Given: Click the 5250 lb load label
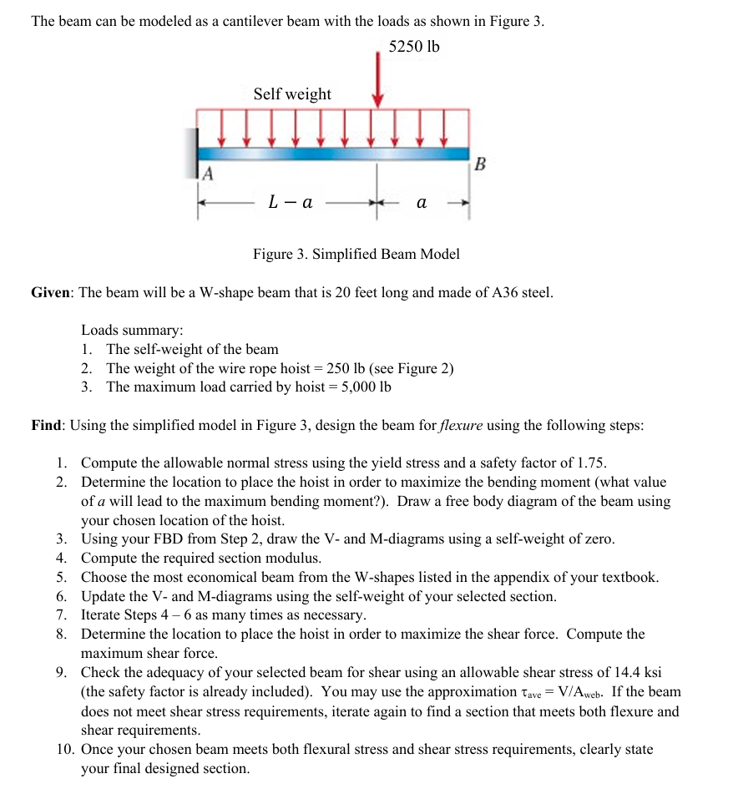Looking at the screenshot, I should pos(414,47).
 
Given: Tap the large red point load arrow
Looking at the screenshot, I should pos(378,75).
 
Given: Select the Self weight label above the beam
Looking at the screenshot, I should pos(292,94).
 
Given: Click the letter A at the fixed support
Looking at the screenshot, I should pos(208,174).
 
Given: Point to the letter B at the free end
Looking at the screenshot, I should pos(478,164).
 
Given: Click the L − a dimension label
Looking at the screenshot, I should pos(291,202).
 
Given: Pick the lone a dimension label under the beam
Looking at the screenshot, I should pos(421,202).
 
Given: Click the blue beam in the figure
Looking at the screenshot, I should pos(334,154).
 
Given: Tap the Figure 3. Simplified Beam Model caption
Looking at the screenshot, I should pos(356,254).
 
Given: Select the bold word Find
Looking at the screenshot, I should pos(47,425).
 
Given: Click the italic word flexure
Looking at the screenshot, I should pos(461,425).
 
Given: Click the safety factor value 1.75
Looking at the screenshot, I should pos(590,463).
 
